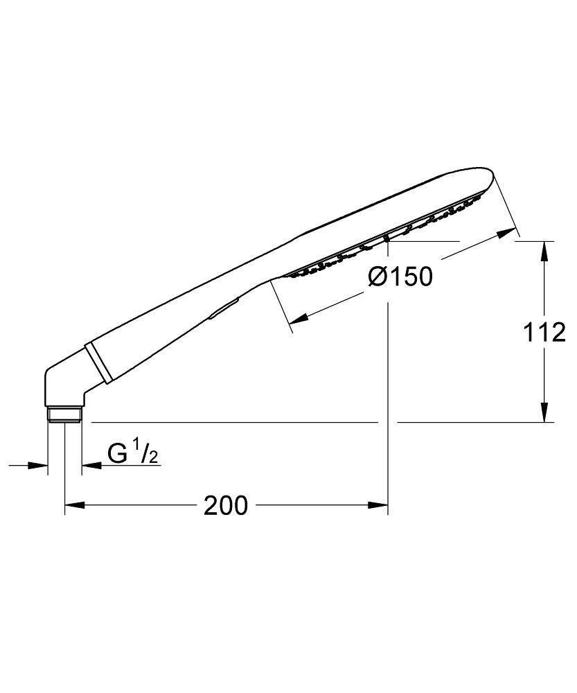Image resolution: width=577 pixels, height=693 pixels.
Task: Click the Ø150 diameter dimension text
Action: click(400, 277)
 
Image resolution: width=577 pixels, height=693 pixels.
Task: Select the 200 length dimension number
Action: click(225, 506)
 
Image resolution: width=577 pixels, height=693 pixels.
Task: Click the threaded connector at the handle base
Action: click(65, 415)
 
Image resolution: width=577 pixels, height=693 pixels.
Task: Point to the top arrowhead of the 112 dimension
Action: click(545, 249)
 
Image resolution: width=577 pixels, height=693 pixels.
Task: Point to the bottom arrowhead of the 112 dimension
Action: click(545, 413)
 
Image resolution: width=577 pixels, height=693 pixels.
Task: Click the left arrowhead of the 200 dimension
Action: click(73, 506)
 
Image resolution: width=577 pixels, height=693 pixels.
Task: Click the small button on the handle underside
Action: click(223, 308)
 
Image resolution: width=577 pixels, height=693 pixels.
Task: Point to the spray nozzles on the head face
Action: click(388, 232)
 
